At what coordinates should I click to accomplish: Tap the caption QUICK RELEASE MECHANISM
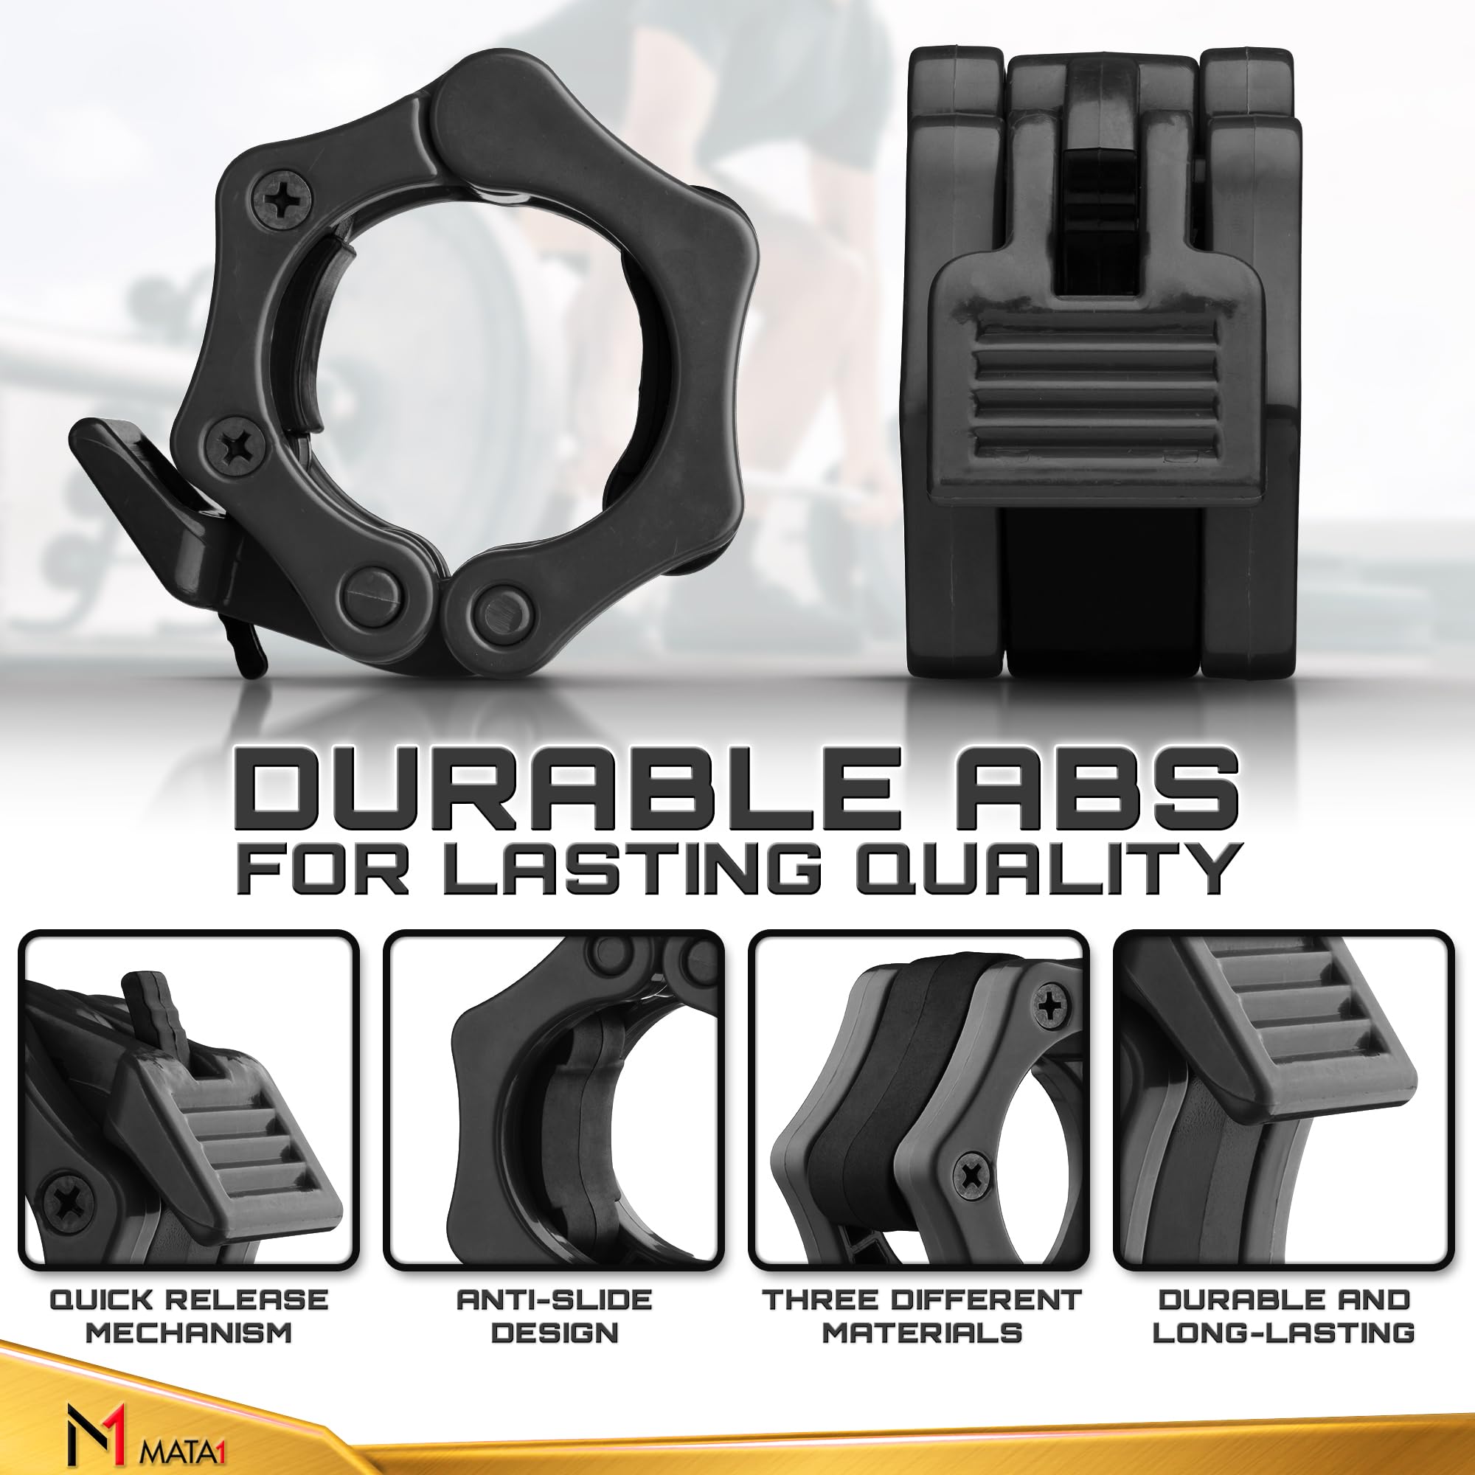pos(189,1316)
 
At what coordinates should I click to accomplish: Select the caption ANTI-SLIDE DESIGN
pos(555,1316)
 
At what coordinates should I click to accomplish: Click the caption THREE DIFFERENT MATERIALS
pos(921,1316)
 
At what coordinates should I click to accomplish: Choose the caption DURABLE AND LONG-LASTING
pos(1283,1316)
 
